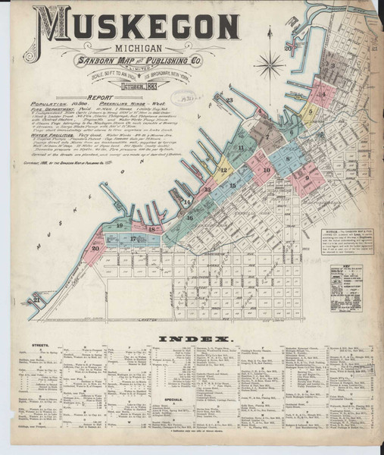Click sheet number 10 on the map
click(266, 170)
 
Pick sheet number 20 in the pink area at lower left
click(95, 248)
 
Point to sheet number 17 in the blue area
click(133, 238)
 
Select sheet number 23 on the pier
click(228, 99)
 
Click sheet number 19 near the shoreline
click(120, 225)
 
